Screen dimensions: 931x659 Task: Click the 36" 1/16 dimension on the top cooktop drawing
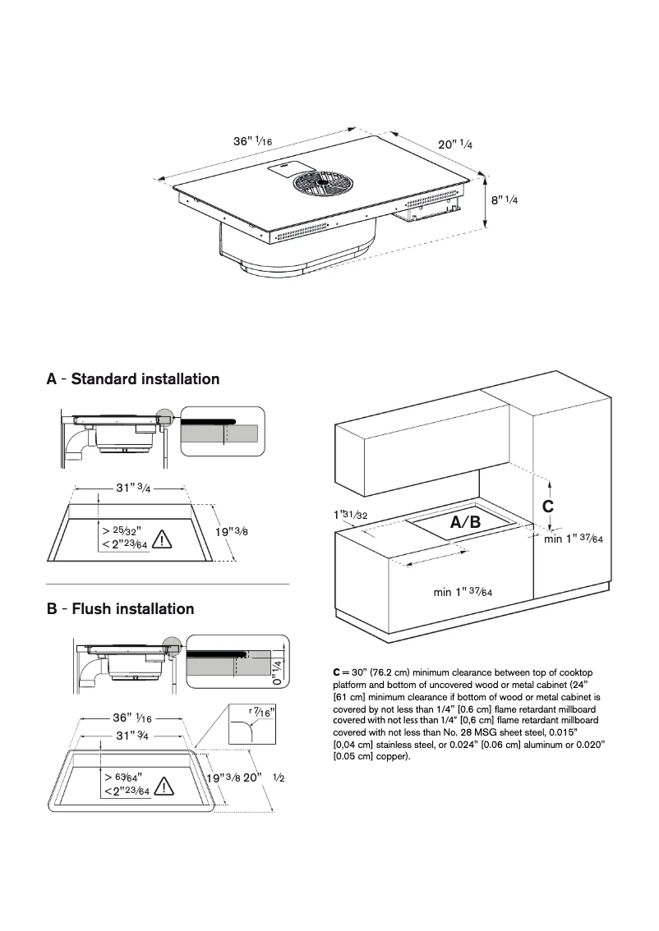click(252, 141)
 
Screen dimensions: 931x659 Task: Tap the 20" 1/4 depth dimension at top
click(454, 144)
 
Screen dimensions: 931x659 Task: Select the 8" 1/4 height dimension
click(505, 199)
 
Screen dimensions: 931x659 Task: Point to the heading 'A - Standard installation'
click(133, 379)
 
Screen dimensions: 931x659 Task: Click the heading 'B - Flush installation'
click(121, 609)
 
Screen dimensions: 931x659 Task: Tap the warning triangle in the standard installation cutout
click(162, 539)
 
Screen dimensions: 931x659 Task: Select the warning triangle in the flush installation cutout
click(165, 786)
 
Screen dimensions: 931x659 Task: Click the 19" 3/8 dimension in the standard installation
click(232, 532)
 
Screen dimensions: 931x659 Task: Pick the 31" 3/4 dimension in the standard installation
click(133, 488)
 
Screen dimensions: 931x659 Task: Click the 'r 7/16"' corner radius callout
click(262, 712)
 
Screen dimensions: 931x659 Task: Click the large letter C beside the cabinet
click(548, 507)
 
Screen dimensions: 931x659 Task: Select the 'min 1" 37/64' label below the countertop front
click(463, 592)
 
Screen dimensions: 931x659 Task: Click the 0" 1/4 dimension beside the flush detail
click(277, 672)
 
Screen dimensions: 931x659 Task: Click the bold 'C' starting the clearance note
click(337, 673)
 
